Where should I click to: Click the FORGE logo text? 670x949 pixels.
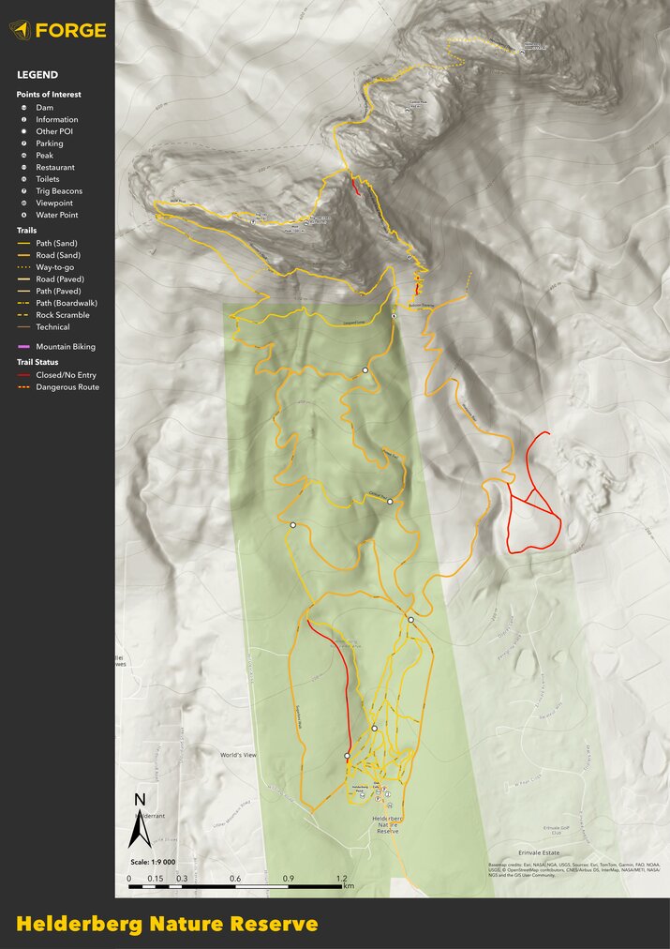pos(70,30)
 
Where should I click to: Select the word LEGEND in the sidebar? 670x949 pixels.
pos(37,75)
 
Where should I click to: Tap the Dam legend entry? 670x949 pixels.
pos(44,108)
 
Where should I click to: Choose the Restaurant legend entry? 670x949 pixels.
pos(54,167)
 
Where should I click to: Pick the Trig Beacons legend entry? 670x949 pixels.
pos(59,191)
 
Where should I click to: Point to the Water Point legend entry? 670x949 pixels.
pos(56,215)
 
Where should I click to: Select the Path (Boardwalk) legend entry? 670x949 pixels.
pos(66,303)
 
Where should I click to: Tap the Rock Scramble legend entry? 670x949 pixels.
pos(62,315)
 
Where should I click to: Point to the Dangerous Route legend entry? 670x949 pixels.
pos(67,386)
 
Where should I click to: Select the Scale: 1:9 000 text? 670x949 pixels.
pos(150,862)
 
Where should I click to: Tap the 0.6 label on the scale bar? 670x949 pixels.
pos(235,878)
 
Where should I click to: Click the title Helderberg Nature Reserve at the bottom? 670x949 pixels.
pos(167,925)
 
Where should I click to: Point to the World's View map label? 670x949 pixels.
pos(238,755)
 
